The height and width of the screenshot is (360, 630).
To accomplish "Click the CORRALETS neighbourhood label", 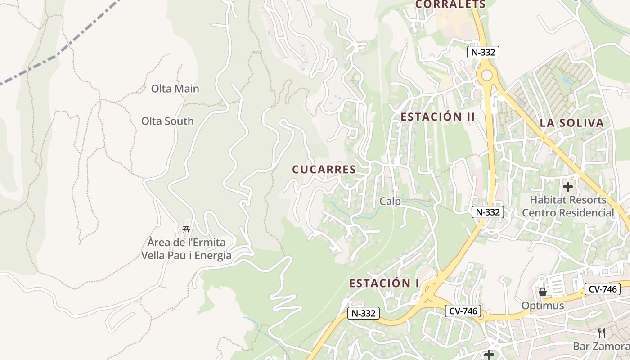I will click(450, 4).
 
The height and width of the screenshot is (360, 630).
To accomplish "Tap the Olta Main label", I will click(175, 89).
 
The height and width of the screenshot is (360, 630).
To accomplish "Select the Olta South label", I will click(167, 121).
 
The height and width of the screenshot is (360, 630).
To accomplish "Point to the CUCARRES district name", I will click(324, 170).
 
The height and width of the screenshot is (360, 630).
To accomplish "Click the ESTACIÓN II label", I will click(438, 117).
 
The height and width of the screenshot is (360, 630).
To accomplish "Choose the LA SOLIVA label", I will click(571, 123).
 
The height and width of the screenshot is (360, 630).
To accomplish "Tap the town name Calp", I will click(390, 201).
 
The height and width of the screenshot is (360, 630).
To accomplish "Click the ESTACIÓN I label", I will click(384, 283).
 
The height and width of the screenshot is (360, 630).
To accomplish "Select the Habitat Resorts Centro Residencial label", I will click(568, 206).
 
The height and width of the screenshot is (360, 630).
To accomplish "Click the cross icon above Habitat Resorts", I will click(568, 186).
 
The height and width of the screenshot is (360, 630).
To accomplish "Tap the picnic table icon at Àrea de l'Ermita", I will click(186, 229).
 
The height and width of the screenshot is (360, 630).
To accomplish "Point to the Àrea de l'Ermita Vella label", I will click(186, 249).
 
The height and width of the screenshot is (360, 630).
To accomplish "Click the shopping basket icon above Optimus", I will click(543, 292).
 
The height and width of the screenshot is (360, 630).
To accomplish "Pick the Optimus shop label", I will click(543, 306).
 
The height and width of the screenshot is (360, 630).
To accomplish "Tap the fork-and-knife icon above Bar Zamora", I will click(602, 333).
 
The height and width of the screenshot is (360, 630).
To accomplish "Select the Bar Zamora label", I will click(601, 346).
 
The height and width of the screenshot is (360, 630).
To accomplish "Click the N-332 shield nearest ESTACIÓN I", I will click(364, 313).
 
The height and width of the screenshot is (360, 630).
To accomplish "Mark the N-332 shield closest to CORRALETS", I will click(483, 52).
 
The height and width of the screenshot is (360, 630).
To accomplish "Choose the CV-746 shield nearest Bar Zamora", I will click(602, 289).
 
